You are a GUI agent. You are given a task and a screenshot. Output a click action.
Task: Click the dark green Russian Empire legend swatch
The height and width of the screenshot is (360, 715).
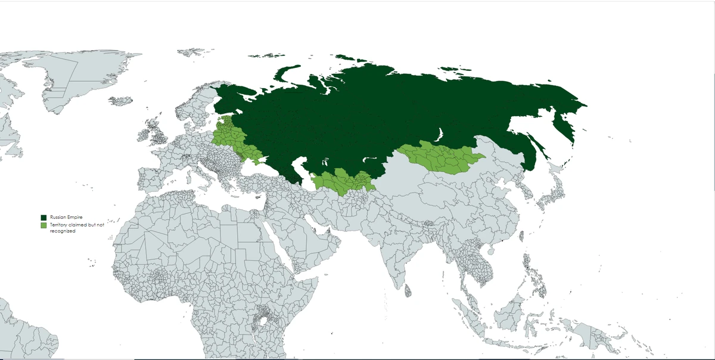(43, 218)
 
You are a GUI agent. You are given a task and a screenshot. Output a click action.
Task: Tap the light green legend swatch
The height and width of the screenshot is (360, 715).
(43, 225)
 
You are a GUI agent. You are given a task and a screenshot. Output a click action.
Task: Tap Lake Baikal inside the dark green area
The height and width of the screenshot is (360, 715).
(440, 135)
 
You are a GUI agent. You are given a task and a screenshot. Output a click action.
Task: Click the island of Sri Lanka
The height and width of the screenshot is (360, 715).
(408, 291)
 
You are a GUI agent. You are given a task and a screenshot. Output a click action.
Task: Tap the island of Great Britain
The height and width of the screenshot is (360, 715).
(161, 135)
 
